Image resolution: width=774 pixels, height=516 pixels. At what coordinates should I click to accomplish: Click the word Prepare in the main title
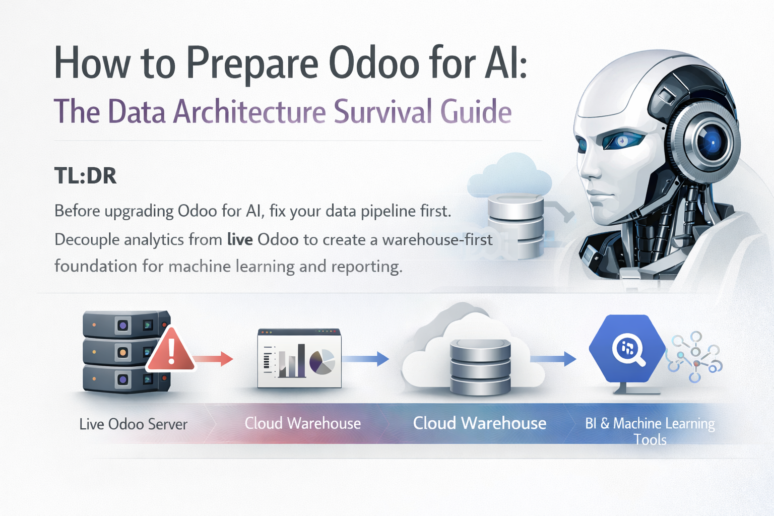(252, 64)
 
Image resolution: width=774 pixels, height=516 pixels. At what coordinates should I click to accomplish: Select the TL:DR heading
(85, 175)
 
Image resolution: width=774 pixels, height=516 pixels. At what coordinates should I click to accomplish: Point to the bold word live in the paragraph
(240, 239)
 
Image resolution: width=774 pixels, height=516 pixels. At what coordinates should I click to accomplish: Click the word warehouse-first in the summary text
(437, 239)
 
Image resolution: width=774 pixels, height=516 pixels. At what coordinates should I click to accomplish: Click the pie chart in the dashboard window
(322, 361)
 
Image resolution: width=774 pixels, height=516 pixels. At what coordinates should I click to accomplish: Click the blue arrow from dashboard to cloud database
(366, 359)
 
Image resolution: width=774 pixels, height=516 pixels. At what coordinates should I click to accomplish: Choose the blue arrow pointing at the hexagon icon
(553, 359)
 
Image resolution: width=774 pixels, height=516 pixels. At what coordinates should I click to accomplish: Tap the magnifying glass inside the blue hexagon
(629, 350)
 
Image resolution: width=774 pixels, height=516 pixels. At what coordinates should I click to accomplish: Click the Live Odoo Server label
(134, 424)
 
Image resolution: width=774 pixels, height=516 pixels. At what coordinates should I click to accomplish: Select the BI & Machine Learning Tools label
(650, 431)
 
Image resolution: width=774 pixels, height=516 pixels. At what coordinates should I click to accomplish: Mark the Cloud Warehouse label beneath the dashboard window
(303, 423)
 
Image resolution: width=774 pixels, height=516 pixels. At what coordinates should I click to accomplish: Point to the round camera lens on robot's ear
(708, 142)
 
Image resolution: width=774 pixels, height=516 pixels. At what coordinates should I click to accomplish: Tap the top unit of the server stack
(126, 325)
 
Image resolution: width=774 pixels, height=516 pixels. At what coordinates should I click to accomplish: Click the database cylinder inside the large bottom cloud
(480, 367)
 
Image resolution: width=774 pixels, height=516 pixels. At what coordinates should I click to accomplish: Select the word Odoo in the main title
(374, 64)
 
